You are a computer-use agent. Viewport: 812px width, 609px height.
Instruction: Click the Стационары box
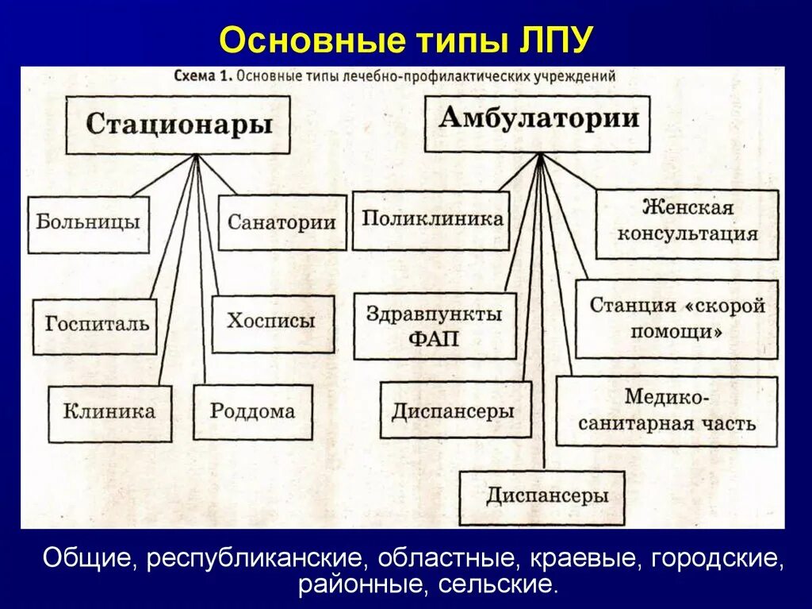click(178, 125)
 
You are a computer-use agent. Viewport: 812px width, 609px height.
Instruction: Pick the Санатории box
click(282, 223)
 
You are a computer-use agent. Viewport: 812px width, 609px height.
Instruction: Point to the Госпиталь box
click(95, 326)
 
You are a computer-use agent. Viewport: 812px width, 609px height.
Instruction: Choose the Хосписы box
click(272, 323)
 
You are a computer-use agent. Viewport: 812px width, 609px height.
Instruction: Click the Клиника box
click(109, 413)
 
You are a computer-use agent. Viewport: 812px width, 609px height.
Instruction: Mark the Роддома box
click(252, 412)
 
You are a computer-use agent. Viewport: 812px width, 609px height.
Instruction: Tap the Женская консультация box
click(687, 223)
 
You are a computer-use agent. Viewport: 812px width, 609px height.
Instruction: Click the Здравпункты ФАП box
click(434, 326)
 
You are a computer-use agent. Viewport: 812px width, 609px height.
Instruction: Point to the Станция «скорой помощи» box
click(676, 318)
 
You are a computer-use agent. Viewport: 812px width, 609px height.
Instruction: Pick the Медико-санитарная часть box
click(666, 410)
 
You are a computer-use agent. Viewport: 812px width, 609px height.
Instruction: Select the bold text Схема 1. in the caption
click(202, 77)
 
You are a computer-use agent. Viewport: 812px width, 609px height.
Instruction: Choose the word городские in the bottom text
click(718, 558)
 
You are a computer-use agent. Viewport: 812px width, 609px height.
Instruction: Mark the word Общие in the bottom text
click(87, 558)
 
